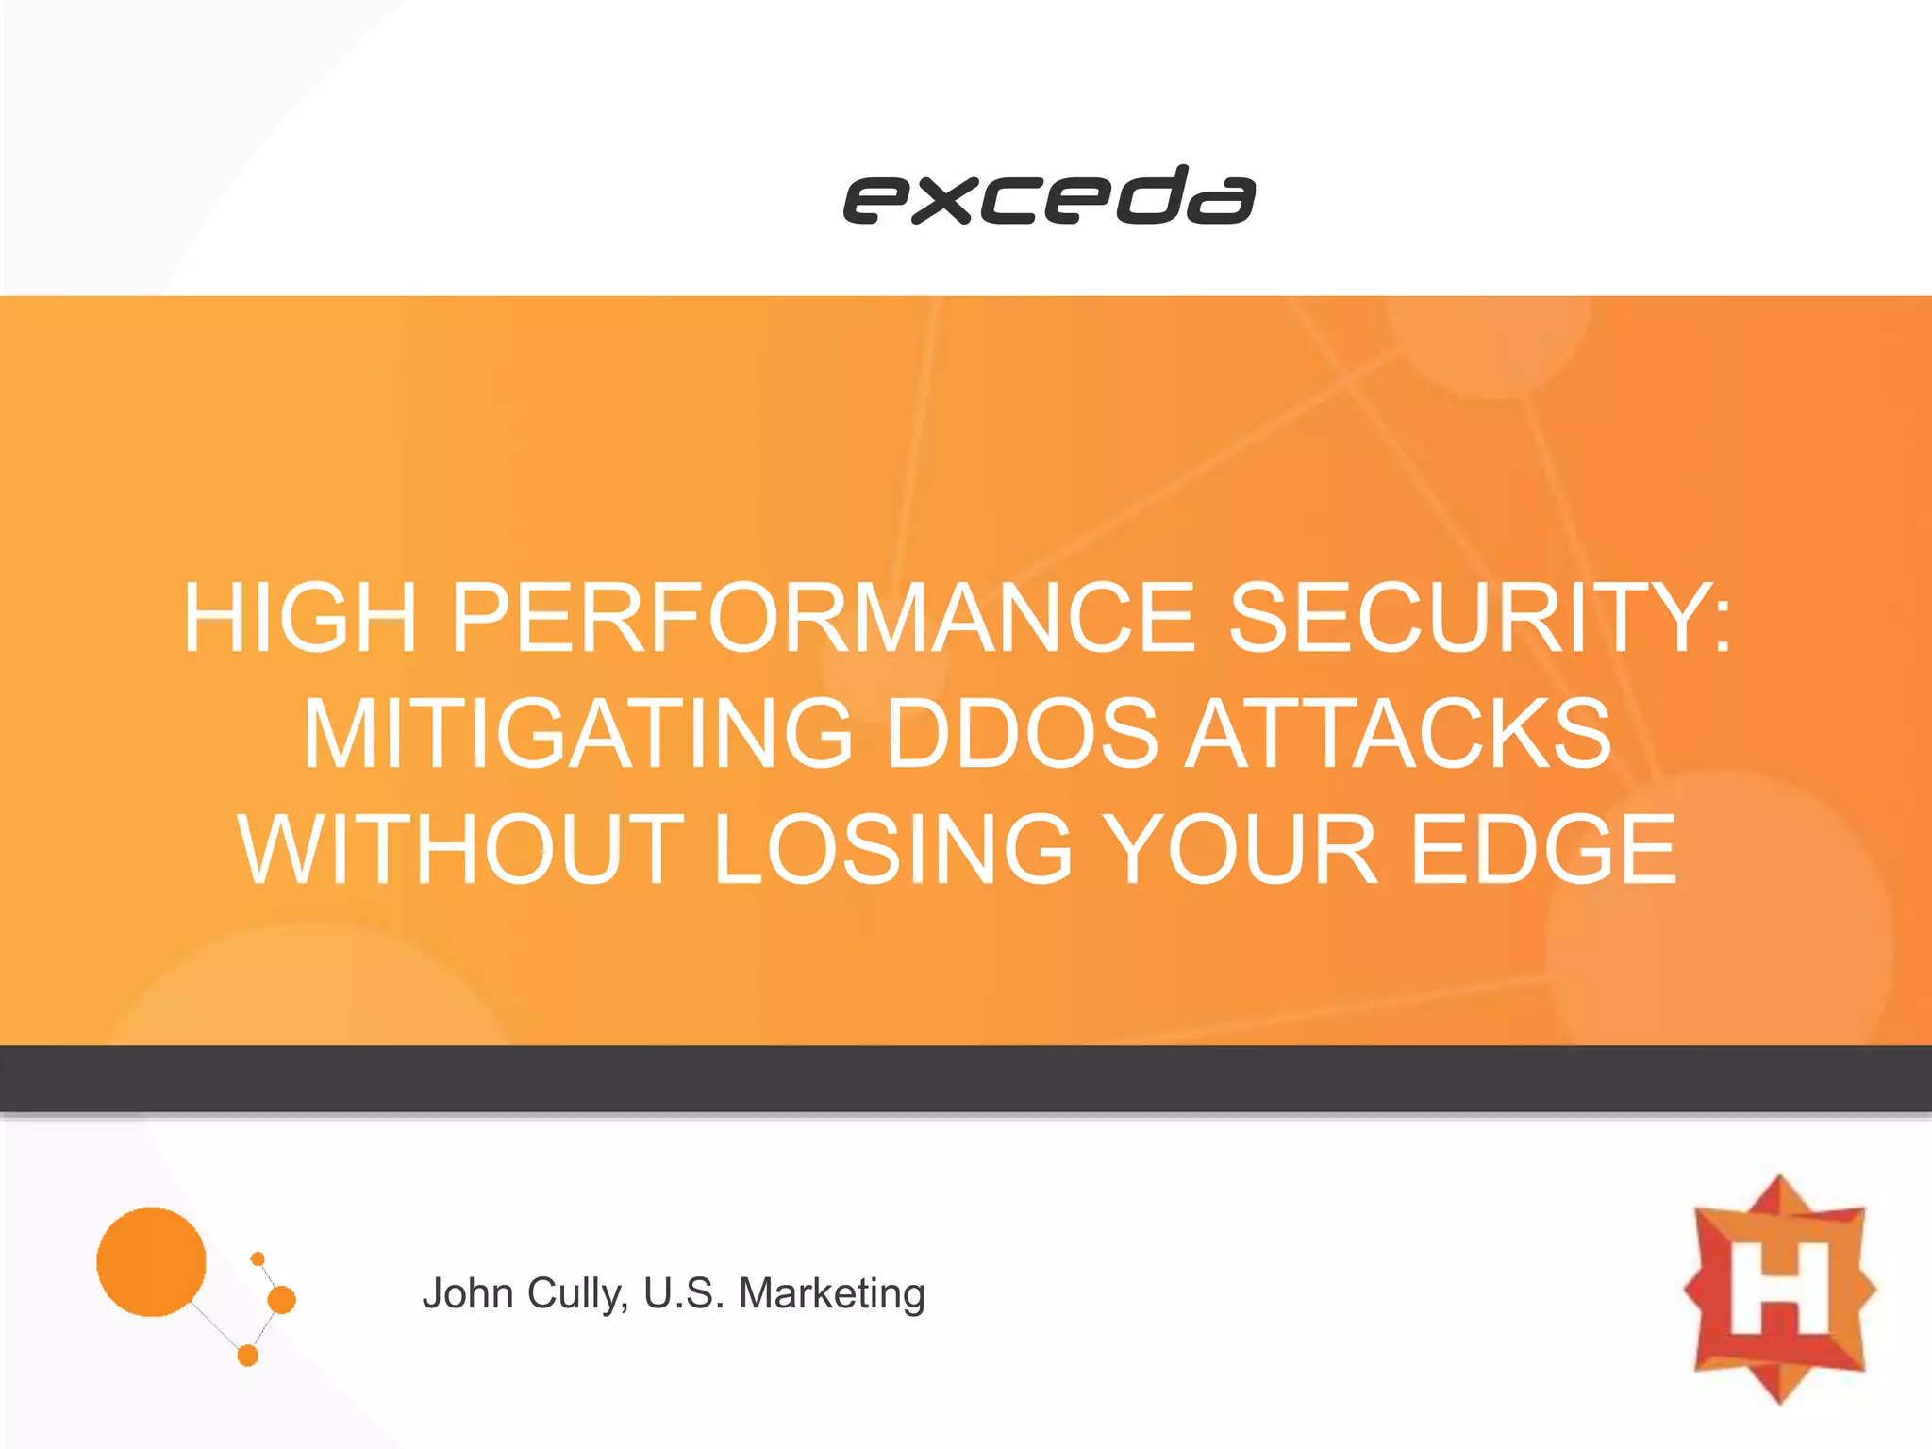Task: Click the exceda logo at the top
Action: click(1049, 195)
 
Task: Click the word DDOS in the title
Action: click(1023, 733)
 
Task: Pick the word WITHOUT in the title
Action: click(460, 849)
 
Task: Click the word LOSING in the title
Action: click(892, 849)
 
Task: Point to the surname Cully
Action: click(577, 1293)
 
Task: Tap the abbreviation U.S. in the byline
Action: click(684, 1293)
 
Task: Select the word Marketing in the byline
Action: click(831, 1293)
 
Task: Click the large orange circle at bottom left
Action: click(151, 1261)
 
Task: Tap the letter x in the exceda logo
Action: click(943, 201)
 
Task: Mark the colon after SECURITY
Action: click(1723, 623)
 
